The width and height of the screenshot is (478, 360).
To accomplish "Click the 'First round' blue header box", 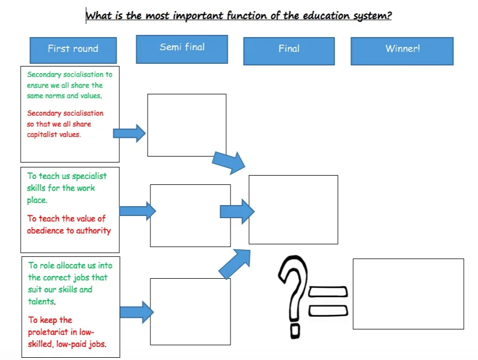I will pyautogui.click(x=73, y=49).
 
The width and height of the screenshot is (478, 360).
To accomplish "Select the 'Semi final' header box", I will pyautogui.click(x=182, y=47).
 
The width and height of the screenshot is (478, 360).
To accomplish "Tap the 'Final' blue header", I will pyautogui.click(x=289, y=50).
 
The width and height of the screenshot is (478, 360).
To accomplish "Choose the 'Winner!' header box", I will pyautogui.click(x=402, y=50).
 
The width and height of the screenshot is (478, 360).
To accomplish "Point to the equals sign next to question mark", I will pyautogui.click(x=328, y=301).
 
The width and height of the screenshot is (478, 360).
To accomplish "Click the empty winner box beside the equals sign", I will pyautogui.click(x=408, y=293).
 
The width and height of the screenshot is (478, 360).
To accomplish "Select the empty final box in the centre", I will pyautogui.click(x=293, y=209).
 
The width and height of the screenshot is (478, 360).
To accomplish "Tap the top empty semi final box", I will pyautogui.click(x=186, y=125).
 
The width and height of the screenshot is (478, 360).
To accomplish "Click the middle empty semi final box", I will pyautogui.click(x=190, y=215).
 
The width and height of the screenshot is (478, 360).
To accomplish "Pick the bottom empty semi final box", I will pyautogui.click(x=190, y=311).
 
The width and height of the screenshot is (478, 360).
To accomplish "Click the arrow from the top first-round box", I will pyautogui.click(x=129, y=133).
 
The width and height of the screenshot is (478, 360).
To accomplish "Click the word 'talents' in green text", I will pyautogui.click(x=41, y=302).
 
